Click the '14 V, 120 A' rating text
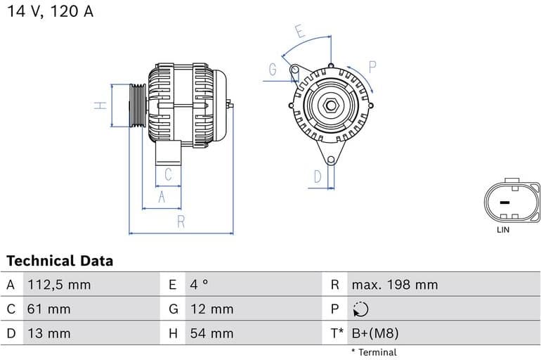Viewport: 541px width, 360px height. click(x=50, y=12)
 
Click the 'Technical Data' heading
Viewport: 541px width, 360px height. click(x=60, y=261)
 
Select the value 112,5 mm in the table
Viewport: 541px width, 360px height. click(x=59, y=285)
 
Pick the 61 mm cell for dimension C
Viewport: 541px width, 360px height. click(x=48, y=309)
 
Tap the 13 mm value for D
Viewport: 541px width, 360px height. click(x=48, y=333)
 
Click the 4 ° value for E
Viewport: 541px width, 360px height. click(x=199, y=285)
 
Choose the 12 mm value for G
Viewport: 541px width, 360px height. click(x=211, y=309)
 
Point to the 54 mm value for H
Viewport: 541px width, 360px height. click(x=211, y=333)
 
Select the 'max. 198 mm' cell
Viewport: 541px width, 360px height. click(x=394, y=285)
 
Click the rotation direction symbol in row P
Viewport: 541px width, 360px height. click(x=360, y=309)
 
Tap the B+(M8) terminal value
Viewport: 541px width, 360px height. click(x=374, y=333)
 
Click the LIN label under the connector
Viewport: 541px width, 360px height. click(x=503, y=229)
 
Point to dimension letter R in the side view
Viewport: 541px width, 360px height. click(x=181, y=222)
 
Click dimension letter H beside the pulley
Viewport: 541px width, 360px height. click(x=101, y=105)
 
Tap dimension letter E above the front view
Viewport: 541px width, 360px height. click(x=300, y=31)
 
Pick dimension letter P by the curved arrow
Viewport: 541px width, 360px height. click(x=372, y=67)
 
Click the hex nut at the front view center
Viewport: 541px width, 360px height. click(x=330, y=106)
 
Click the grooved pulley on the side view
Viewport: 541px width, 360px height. click(x=137, y=105)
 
